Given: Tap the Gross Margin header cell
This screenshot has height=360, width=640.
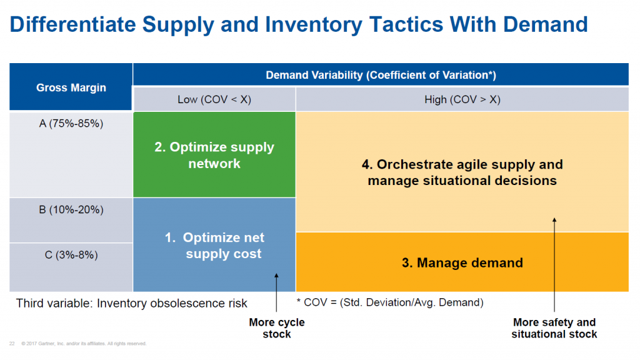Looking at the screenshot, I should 71,87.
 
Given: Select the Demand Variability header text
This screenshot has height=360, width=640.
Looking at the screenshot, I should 381,75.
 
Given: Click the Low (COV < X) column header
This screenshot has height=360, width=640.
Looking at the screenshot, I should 214,99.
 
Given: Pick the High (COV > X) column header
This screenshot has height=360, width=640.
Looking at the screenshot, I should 461,99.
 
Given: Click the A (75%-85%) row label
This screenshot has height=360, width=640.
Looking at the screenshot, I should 71,124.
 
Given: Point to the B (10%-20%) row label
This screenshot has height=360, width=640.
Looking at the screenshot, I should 71,210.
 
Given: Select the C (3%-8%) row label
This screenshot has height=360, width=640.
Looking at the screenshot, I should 71,255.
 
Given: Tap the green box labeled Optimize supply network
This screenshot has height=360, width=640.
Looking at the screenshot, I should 214,155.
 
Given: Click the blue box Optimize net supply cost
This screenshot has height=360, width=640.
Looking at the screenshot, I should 214,246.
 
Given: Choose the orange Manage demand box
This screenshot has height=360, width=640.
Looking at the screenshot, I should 462,262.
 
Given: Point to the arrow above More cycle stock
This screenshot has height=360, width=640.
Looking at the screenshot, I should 276,293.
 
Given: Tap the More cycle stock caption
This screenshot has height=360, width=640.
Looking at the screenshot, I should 276,328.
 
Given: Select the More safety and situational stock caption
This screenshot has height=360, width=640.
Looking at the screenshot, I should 554,328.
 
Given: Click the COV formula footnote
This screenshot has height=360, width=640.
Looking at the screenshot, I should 389,302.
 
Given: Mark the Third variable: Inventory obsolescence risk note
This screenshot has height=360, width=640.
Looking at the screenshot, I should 132,303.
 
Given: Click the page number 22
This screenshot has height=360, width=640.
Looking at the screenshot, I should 12,343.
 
